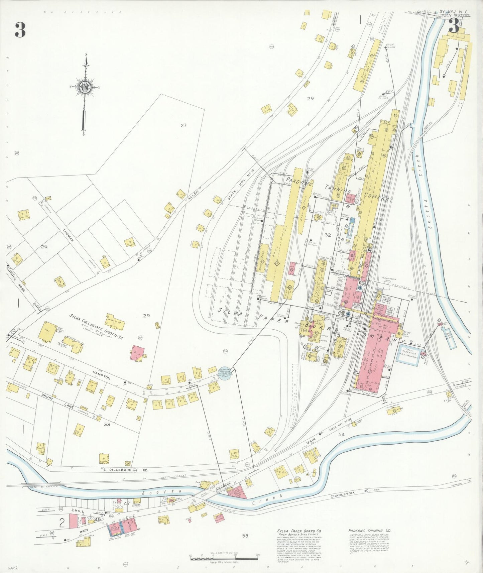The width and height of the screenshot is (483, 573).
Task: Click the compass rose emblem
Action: [x=85, y=88]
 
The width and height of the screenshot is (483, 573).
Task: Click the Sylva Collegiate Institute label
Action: [x=96, y=327]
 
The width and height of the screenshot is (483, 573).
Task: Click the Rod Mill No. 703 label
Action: [x=381, y=326]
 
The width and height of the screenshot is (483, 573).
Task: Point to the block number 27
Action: [x=183, y=125]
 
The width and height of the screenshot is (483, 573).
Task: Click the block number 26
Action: [x=44, y=247]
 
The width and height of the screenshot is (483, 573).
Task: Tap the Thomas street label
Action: [x=68, y=236]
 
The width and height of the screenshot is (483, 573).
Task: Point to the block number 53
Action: [x=245, y=536]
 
